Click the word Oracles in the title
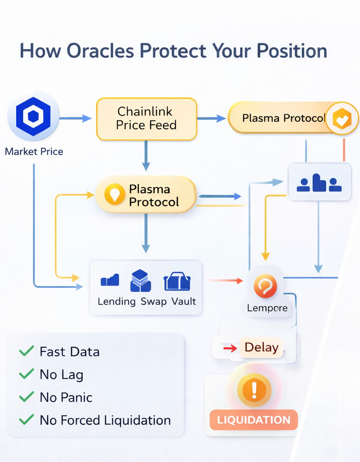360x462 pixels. tap(99, 51)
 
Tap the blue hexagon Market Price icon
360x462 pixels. tap(33, 116)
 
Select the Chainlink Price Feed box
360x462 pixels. tap(147, 119)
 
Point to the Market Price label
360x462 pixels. tap(34, 152)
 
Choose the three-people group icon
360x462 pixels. tap(319, 183)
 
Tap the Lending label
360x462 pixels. tap(116, 301)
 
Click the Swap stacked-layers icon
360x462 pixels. tap(140, 281)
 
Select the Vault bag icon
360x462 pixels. tap(177, 282)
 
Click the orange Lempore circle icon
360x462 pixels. tap(265, 287)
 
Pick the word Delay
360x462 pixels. tap(261, 347)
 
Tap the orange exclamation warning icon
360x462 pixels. tap(254, 389)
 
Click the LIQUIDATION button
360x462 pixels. tap(254, 420)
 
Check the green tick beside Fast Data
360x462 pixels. tap(27, 351)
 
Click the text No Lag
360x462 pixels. tap(61, 374)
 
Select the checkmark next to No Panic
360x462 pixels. tap(27, 397)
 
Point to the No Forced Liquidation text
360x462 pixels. tap(105, 420)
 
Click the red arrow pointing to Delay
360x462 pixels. tap(230, 348)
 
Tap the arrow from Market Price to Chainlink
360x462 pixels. tap(75, 119)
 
